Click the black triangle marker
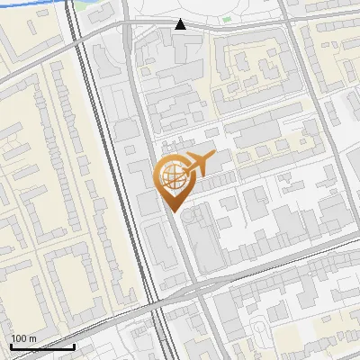181,24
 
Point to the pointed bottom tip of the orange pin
172,211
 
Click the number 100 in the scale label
20,338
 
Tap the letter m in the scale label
33,338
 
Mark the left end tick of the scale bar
11,346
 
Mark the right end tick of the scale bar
74,346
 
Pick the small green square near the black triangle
226,19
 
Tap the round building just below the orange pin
197,217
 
